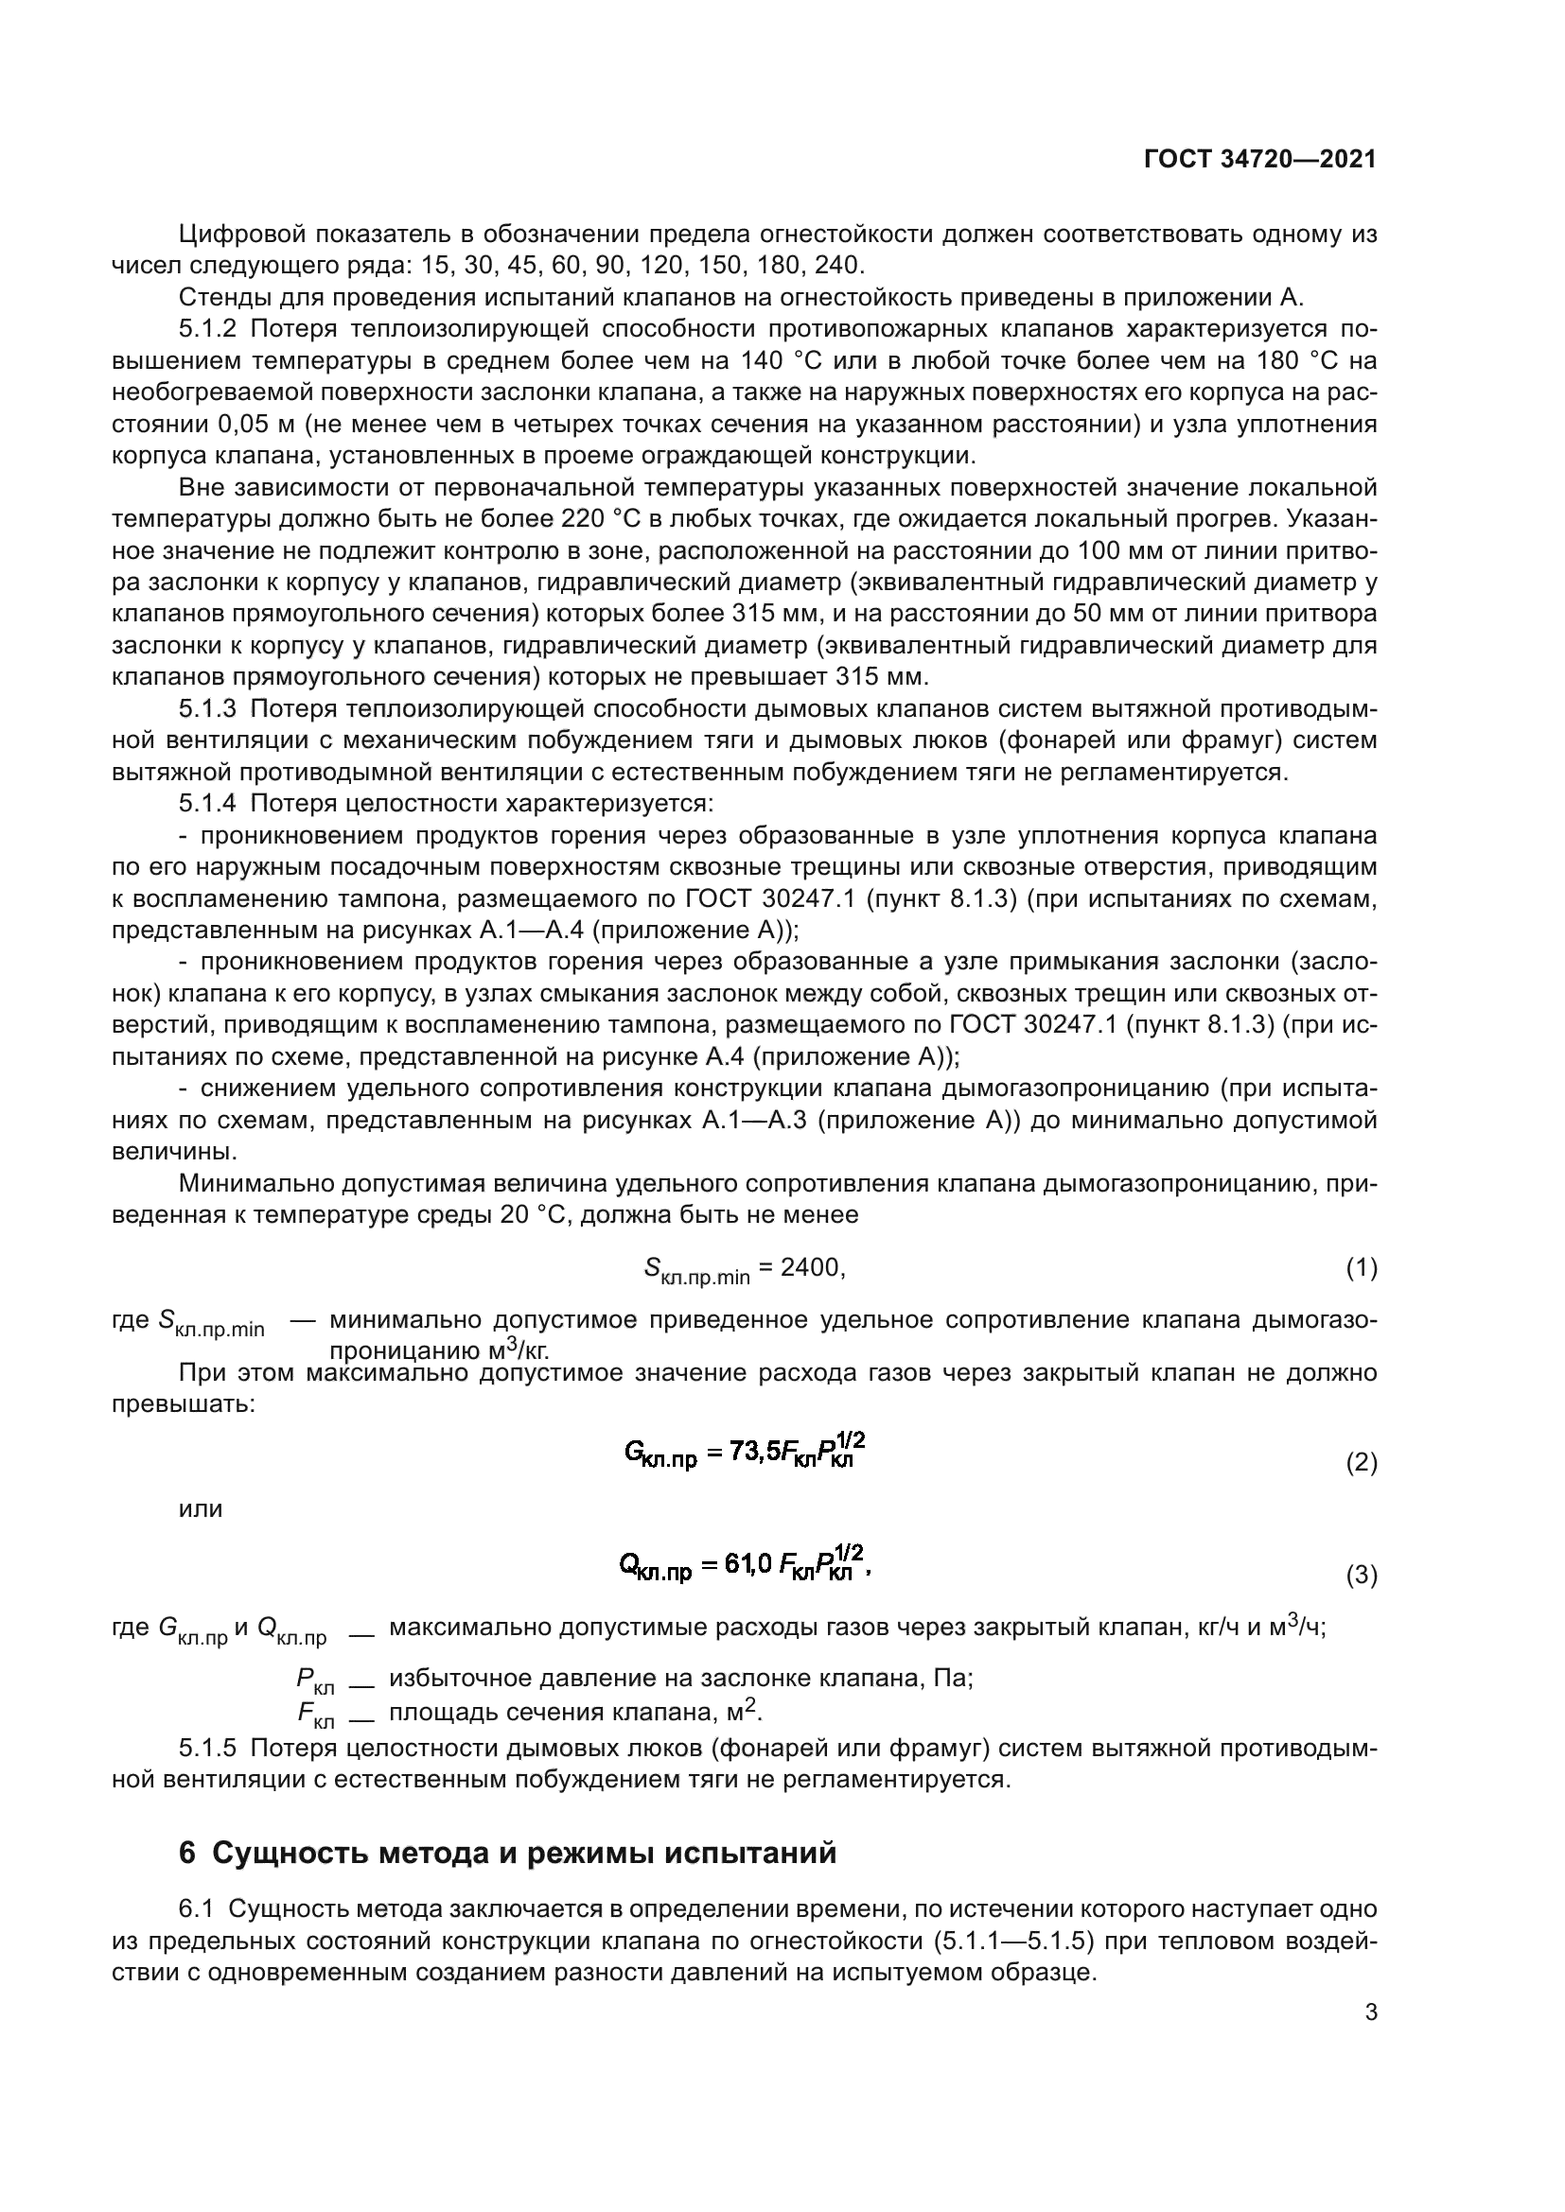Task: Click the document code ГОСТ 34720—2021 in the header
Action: (x=1259, y=160)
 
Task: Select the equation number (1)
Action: (x=1361, y=1269)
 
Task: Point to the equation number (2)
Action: (x=1361, y=1463)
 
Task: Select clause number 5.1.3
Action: (x=207, y=709)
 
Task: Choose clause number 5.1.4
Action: (x=207, y=804)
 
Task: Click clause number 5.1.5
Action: (x=207, y=1748)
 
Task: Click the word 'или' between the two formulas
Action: (x=201, y=1509)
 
